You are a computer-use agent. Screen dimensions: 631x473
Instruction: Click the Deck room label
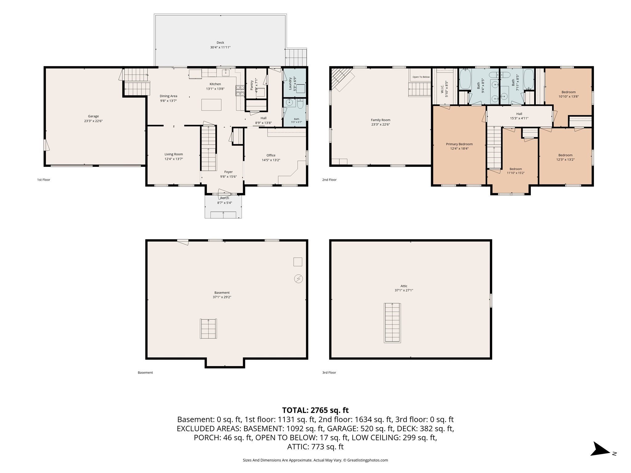[220, 43]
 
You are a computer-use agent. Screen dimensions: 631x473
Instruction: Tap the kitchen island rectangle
[211, 105]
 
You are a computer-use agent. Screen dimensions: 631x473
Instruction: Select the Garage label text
[93, 116]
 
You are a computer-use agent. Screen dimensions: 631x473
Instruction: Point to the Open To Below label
[421, 77]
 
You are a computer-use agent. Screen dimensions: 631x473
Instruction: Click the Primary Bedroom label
[459, 144]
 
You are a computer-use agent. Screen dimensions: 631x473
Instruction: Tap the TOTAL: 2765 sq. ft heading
[315, 410]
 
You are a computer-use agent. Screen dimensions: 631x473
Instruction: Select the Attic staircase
[392, 323]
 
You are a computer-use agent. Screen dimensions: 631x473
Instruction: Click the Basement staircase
[209, 329]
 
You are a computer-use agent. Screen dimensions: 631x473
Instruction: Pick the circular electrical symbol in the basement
[298, 279]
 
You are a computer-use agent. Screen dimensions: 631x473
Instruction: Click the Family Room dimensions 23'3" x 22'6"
[381, 125]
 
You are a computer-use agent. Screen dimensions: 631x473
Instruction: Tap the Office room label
[271, 156]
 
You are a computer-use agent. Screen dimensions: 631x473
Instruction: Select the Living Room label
[173, 154]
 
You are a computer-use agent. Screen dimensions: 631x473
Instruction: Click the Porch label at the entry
[225, 198]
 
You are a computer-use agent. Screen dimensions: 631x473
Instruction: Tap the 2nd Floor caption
[329, 180]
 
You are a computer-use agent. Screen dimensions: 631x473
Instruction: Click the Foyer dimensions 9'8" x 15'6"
[228, 177]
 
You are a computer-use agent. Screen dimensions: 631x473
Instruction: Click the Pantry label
[252, 85]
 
